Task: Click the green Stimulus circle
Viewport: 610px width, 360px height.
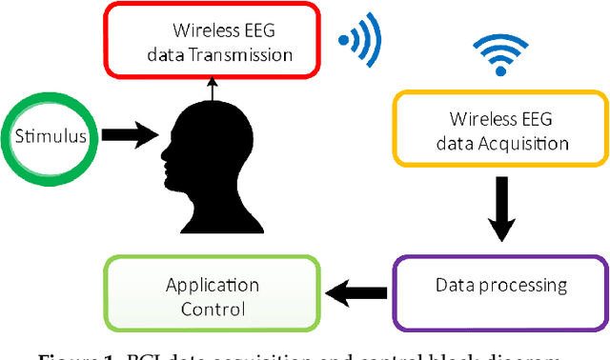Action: click(x=51, y=136)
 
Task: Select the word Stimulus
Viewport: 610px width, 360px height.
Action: click(x=51, y=136)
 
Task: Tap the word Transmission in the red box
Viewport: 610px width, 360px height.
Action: click(x=243, y=54)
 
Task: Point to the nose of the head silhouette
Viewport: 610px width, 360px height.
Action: click(x=163, y=153)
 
